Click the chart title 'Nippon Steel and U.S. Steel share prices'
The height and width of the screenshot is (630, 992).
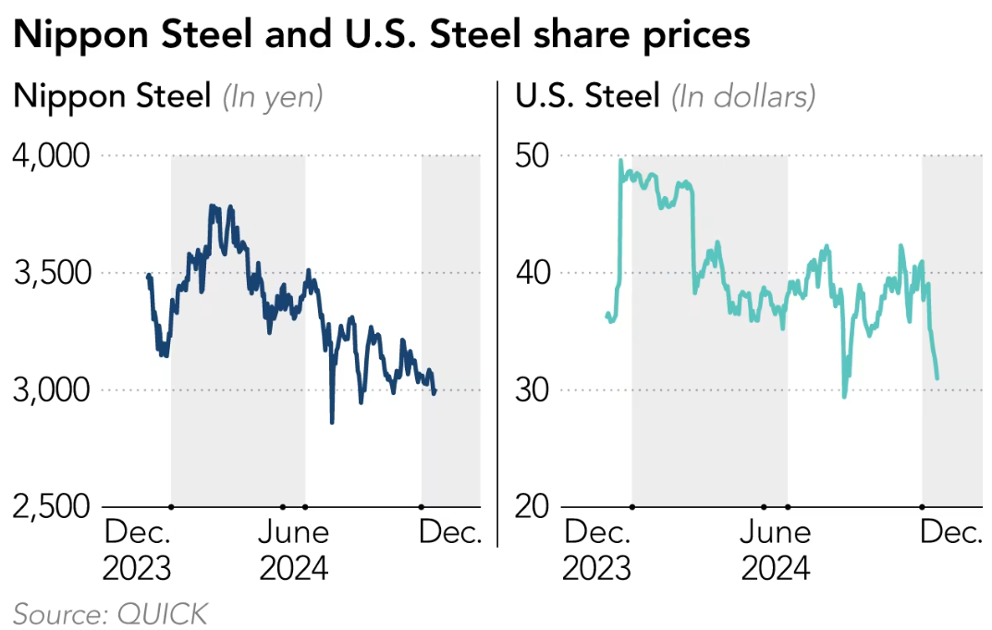click(381, 35)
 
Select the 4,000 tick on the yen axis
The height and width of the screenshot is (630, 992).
click(52, 155)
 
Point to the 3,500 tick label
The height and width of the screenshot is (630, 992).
click(52, 273)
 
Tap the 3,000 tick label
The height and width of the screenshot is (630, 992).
click(52, 389)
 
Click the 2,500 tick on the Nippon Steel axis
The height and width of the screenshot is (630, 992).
click(52, 507)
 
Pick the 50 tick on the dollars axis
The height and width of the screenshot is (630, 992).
click(533, 155)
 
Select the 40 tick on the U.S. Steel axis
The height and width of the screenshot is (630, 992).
click(533, 273)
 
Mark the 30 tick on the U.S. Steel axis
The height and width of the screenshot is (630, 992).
click(533, 389)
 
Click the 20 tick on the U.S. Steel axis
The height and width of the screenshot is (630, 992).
click(533, 507)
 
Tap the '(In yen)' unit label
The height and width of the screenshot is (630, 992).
click(272, 96)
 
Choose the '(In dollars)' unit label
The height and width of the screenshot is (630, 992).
click(743, 96)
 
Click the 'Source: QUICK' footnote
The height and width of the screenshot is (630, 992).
click(111, 612)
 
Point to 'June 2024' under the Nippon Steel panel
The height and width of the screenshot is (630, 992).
click(294, 550)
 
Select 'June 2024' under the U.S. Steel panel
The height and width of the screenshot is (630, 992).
click(776, 550)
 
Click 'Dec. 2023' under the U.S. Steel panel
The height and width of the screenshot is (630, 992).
click(598, 550)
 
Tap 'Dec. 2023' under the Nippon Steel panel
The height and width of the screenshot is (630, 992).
click(137, 550)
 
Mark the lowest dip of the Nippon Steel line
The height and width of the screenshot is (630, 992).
click(332, 423)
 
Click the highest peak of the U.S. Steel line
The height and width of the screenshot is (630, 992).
click(619, 160)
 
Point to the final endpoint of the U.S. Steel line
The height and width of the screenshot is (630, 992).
click(937, 378)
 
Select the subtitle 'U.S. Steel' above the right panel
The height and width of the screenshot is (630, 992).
click(587, 96)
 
